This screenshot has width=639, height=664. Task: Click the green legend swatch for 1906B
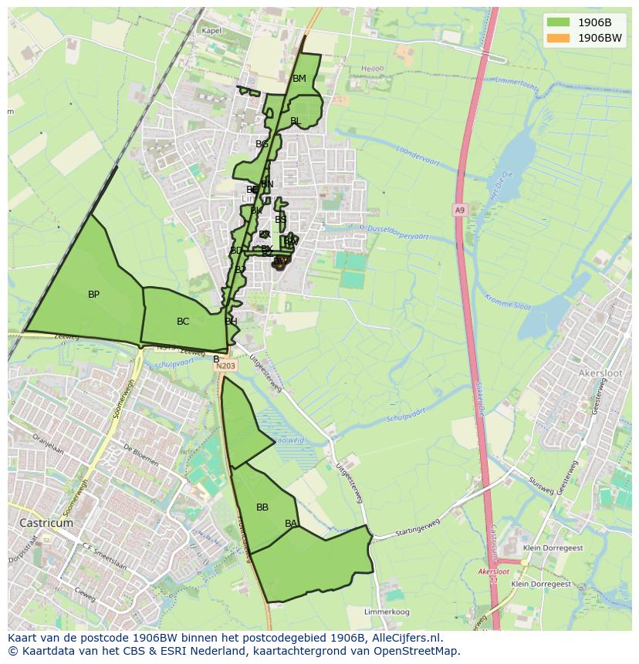click(x=558, y=22)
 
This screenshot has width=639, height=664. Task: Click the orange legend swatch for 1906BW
click(x=558, y=38)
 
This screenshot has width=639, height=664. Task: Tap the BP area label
click(x=93, y=295)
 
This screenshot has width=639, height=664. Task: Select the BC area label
click(x=183, y=322)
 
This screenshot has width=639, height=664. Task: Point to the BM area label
click(x=299, y=79)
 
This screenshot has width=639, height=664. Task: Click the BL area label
click(x=296, y=121)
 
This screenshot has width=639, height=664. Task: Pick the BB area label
click(x=262, y=507)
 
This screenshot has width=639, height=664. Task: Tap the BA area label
click(x=291, y=524)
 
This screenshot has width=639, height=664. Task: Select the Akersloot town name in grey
click(x=599, y=373)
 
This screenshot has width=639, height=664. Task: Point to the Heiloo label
click(x=372, y=69)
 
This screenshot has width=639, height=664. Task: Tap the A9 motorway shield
click(x=460, y=210)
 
